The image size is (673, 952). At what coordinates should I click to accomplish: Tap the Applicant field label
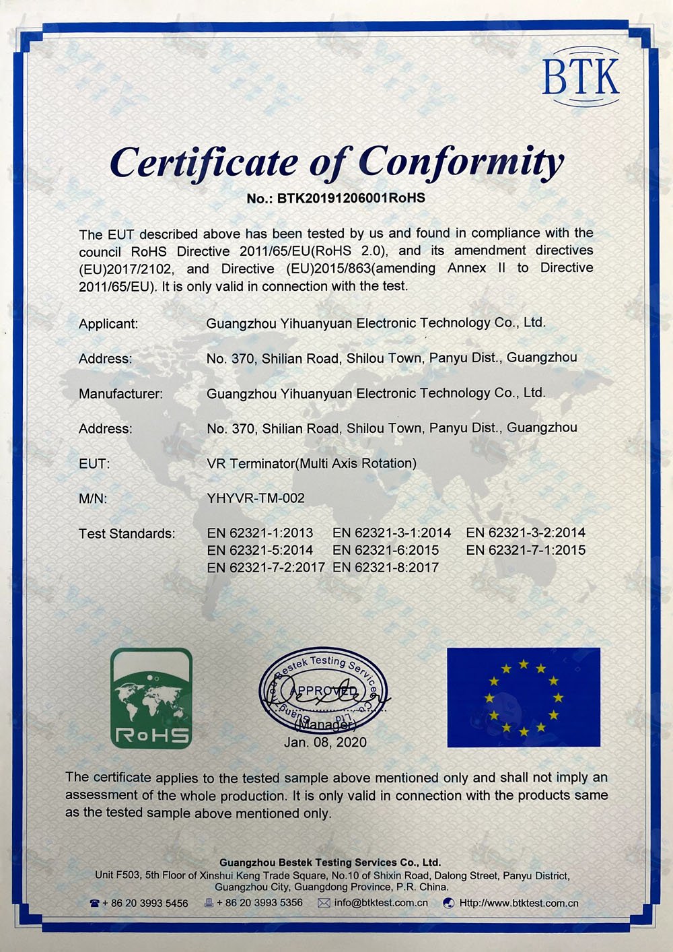point(108,324)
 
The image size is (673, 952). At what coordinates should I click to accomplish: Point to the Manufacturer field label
point(120,394)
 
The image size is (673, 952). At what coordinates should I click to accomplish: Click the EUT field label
point(94,464)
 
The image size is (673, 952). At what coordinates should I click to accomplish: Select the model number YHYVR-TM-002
point(256,498)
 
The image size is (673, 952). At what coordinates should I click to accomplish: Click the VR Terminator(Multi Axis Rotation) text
point(312,463)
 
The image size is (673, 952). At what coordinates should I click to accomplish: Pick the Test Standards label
point(127,534)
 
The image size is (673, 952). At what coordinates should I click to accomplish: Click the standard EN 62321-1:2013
point(260,533)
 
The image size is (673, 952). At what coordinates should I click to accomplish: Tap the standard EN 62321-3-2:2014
point(526,533)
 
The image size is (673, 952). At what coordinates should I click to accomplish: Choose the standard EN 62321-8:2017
point(386,568)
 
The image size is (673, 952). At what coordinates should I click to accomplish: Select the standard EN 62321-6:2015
point(386,550)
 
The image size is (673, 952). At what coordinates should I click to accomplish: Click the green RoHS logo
point(151,698)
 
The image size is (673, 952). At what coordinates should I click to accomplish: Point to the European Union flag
point(524,698)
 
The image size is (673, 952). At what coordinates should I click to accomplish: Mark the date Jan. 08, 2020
point(325,742)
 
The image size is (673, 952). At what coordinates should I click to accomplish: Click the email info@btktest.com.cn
point(381,903)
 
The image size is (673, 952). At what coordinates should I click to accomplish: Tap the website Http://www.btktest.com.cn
point(518,903)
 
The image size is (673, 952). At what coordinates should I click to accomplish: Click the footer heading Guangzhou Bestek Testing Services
point(330,862)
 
